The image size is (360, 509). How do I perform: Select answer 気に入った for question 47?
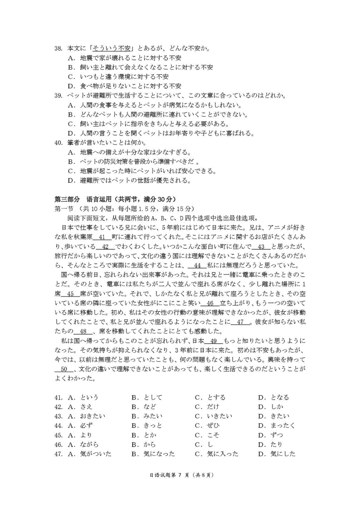pos(222,454)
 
